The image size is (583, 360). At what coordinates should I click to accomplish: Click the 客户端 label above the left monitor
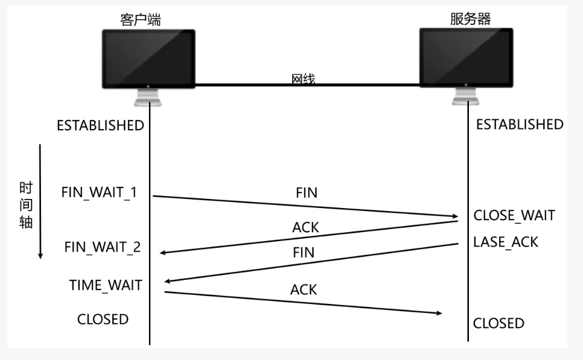[x=141, y=20]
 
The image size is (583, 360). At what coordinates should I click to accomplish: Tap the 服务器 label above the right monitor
[x=470, y=19]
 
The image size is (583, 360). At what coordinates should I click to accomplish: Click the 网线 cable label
[x=303, y=79]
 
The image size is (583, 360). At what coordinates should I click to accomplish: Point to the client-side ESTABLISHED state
[x=100, y=126]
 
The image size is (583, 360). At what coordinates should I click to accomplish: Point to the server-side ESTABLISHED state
[x=520, y=125]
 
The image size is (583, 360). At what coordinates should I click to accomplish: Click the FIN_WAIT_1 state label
[x=99, y=192]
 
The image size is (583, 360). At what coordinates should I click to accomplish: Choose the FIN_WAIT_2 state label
[x=103, y=247]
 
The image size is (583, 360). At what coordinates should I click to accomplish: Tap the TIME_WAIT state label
[x=106, y=285]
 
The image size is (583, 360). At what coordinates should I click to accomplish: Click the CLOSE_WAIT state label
[x=514, y=215]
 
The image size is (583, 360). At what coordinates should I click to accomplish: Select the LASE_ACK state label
[x=506, y=242]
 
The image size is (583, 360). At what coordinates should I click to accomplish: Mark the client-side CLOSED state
[x=103, y=319]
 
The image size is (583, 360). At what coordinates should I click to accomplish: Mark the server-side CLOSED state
[x=499, y=323]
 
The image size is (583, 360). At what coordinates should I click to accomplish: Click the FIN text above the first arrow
[x=307, y=194]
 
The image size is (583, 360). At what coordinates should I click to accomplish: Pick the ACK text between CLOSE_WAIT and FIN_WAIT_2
[x=305, y=227]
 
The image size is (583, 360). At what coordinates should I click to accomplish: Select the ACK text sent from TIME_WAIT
[x=304, y=289]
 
